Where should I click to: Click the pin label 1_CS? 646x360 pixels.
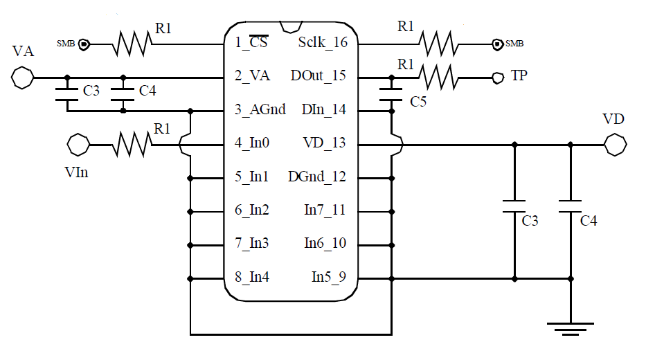pos(251,42)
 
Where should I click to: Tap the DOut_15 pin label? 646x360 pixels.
pos(318,75)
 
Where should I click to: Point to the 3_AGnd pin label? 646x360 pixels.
pos(260,110)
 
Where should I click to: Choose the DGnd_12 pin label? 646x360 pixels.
pos(316,177)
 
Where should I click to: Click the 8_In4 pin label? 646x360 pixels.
pos(252,278)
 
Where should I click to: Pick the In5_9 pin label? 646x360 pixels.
pos(328,278)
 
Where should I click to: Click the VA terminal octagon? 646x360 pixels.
pos(23,76)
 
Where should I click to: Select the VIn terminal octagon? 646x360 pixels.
pos(78,145)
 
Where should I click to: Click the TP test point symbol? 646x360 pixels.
pos(496,77)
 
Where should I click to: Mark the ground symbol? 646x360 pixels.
pos(570,327)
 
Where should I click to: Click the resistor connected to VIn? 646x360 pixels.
pos(132,145)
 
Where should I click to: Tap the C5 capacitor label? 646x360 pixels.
pos(418,102)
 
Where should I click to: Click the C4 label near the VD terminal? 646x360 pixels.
pos(589,222)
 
